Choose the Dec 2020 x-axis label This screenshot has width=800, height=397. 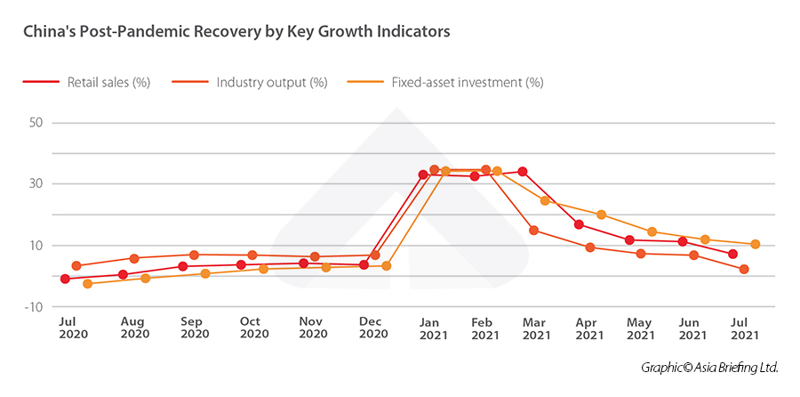click(x=372, y=328)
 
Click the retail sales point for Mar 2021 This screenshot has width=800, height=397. click(x=523, y=172)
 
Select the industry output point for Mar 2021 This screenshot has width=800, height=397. click(x=533, y=231)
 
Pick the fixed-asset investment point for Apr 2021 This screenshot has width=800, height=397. click(x=602, y=215)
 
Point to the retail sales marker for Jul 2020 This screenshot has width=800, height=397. click(x=65, y=279)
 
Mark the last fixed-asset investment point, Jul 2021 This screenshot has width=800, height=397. click(x=755, y=244)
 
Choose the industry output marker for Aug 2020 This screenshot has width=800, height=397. click(x=134, y=259)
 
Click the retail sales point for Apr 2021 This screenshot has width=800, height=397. click(x=579, y=224)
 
